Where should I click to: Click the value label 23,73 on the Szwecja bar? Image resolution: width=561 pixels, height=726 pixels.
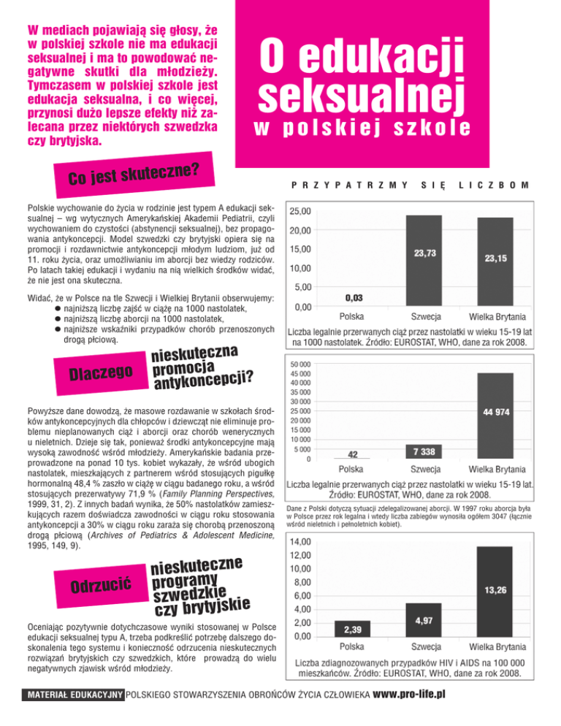point(425,253)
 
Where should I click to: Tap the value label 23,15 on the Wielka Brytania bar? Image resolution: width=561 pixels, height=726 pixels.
point(497,258)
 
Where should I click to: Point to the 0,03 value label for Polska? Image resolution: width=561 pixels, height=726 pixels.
point(354,298)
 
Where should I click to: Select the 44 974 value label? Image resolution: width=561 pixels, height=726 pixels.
point(497,412)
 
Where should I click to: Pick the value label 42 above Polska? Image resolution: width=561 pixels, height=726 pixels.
point(353,454)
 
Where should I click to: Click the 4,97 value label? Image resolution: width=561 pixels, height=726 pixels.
point(425,621)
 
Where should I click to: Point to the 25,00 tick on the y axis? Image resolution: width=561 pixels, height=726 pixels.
point(301,212)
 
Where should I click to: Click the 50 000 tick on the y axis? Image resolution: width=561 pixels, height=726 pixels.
point(300,364)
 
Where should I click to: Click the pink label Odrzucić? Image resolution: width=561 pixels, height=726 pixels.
point(101,585)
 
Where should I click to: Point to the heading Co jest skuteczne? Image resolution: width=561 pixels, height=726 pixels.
point(134,169)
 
